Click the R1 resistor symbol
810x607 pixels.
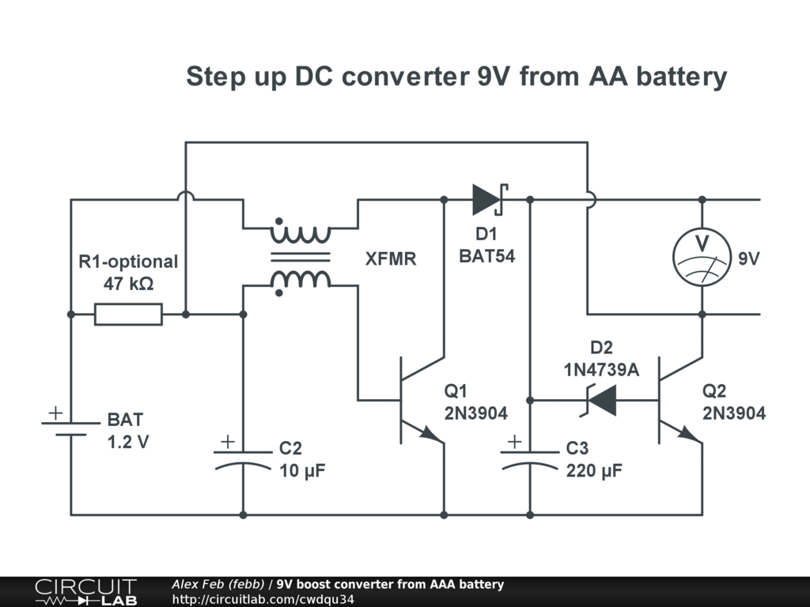point(128,315)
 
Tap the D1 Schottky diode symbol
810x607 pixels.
point(488,199)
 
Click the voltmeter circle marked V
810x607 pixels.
point(701,257)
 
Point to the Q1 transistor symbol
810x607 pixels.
point(415,400)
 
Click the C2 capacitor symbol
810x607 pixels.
point(243,458)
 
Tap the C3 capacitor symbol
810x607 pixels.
point(530,458)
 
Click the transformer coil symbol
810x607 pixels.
point(300,256)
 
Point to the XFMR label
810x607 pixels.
point(390,259)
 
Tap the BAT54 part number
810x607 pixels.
point(487,256)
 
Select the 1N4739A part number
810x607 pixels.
point(601,369)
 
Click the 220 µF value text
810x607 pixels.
point(594,471)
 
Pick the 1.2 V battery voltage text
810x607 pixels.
point(128,442)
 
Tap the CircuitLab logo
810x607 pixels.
point(85,592)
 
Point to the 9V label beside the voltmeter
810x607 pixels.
point(749,258)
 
